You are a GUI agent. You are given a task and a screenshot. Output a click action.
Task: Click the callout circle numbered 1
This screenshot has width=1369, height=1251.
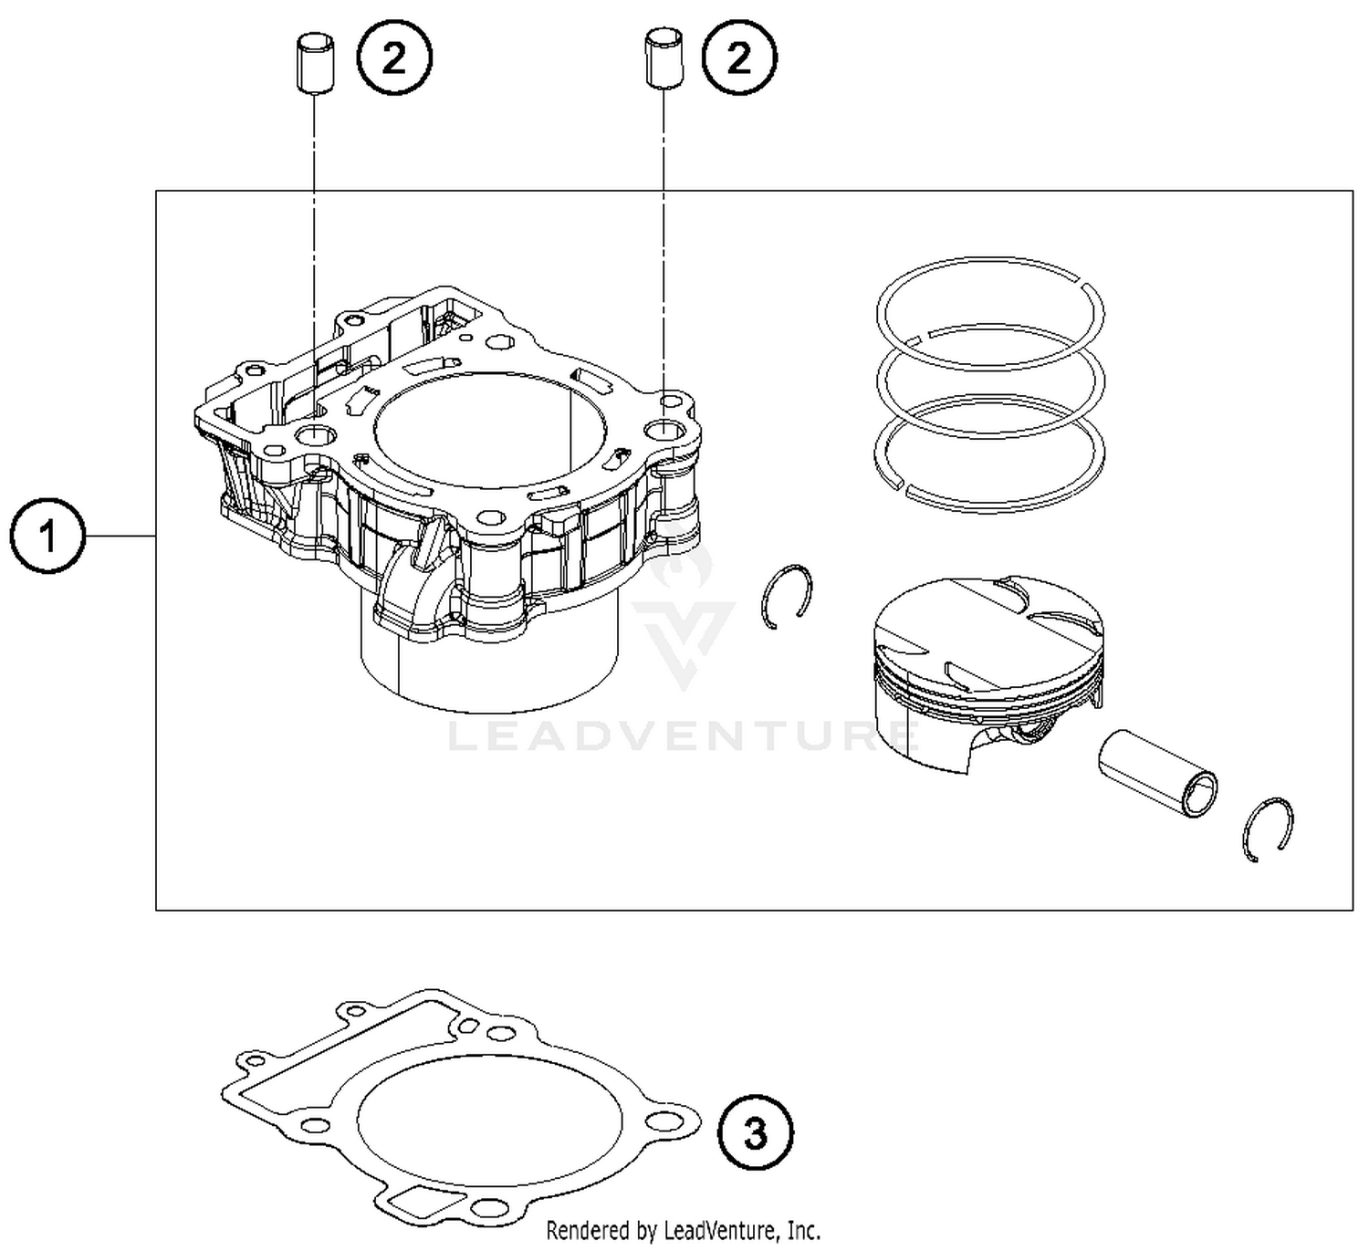[47, 536]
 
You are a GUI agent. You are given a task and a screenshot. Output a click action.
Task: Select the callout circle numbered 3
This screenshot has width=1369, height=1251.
[755, 1133]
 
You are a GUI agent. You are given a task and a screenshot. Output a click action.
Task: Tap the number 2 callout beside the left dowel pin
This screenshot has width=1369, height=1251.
[393, 59]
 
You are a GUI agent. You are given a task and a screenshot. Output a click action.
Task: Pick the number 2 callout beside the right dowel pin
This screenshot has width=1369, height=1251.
[738, 59]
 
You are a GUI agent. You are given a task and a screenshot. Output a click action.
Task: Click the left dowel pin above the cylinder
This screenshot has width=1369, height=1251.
[314, 61]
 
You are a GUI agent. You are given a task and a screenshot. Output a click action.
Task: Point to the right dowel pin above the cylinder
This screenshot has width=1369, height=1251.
[663, 59]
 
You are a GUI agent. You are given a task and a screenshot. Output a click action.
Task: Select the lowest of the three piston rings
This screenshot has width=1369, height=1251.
[989, 452]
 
